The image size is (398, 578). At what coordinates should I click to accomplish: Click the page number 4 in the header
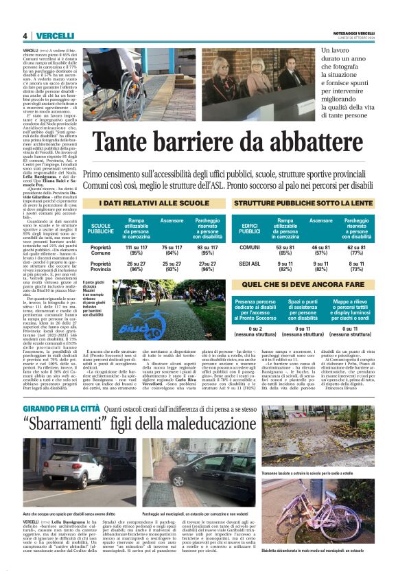(x=25, y=36)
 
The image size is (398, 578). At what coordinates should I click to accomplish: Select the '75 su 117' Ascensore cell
(x=172, y=248)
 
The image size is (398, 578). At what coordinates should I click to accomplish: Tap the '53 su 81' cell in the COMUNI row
(x=285, y=248)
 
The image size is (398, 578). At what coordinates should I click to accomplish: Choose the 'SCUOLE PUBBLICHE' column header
(x=102, y=229)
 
